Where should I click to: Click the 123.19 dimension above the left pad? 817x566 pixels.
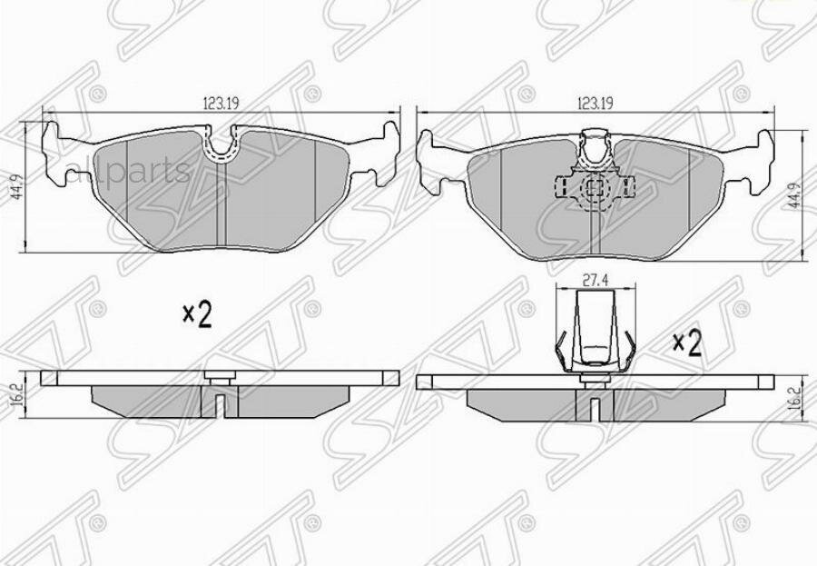coord(221,104)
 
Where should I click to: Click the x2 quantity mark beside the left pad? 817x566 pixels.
coord(196,315)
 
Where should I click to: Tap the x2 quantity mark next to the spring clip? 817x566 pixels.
coord(687,343)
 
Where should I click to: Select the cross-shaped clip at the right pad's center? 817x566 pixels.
coord(594,189)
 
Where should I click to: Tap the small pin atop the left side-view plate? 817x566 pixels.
coord(217,374)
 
